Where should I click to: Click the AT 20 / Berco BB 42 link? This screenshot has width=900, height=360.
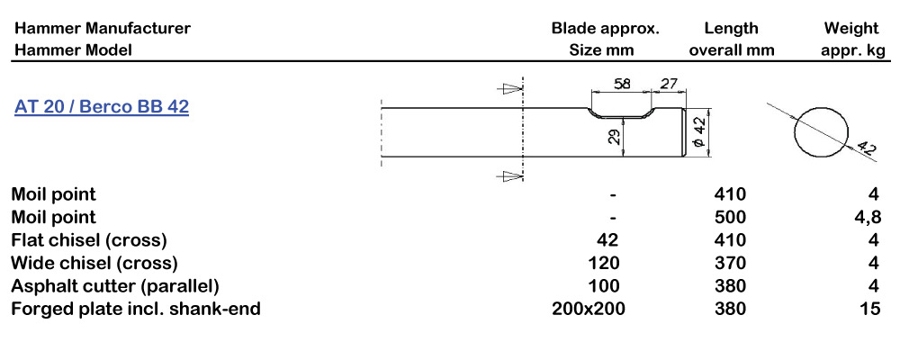pos(101,107)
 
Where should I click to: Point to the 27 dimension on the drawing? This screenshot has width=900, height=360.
pos(669,84)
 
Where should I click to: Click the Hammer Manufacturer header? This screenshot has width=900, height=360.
pos(102,28)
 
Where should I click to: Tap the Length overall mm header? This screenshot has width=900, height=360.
pos(732,39)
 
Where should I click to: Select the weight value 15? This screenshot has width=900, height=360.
pos(870,310)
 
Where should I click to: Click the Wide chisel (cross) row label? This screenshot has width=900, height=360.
pos(94,263)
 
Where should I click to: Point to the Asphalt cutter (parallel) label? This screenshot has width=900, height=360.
pos(115,286)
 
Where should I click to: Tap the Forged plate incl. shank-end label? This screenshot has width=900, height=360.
pos(136,310)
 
